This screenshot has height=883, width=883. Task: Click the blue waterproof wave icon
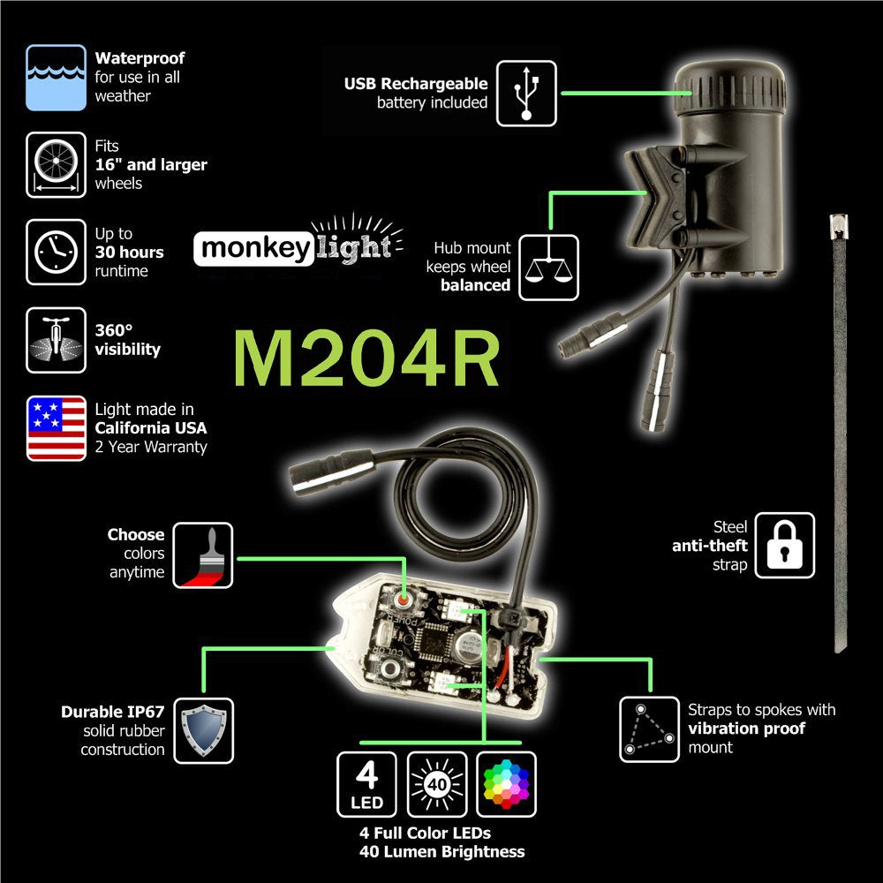[x=56, y=77]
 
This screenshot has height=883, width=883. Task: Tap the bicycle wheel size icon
[x=56, y=164]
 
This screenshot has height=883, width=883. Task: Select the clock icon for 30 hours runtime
[x=56, y=253]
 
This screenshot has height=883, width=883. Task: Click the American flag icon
[x=56, y=428]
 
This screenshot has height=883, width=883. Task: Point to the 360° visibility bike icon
[x=56, y=339]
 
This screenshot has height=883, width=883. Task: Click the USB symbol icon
[x=526, y=92]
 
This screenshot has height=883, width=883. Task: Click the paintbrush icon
[x=203, y=555]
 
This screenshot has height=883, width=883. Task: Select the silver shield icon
[x=203, y=730]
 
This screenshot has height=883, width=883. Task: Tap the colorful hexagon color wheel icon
[x=506, y=783]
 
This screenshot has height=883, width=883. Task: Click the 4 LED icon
[x=367, y=783]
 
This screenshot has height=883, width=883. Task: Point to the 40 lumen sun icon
[x=437, y=783]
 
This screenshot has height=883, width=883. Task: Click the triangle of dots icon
[x=648, y=729]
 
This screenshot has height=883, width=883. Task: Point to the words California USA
[x=151, y=428]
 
